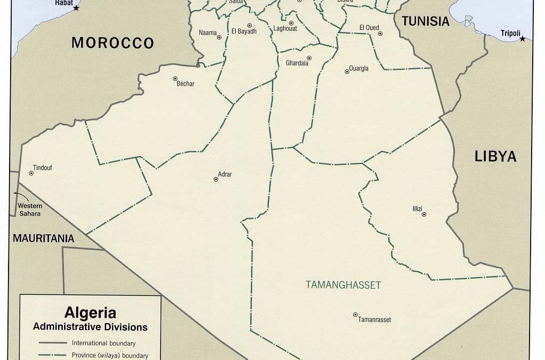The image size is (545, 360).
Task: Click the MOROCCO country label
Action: point(113,43)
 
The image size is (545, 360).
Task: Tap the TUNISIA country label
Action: point(425,21)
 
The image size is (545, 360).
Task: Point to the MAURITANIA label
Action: point(44,238)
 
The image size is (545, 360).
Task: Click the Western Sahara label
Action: point(30,210)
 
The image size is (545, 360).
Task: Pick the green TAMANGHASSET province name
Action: point(343,285)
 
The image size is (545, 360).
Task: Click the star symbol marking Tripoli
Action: point(522,38)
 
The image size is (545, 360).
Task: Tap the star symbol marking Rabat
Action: point(76,8)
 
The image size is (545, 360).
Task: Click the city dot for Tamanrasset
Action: point(355,315)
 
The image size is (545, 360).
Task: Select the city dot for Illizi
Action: point(424,214)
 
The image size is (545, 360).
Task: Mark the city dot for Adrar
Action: point(216,179)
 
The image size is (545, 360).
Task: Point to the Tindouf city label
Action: point(43,167)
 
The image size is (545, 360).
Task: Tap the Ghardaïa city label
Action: point(297,63)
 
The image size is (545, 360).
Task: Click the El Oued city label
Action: point(368,28)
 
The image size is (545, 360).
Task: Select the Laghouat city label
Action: point(285,29)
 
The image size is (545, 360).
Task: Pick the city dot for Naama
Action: point(219,37)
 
